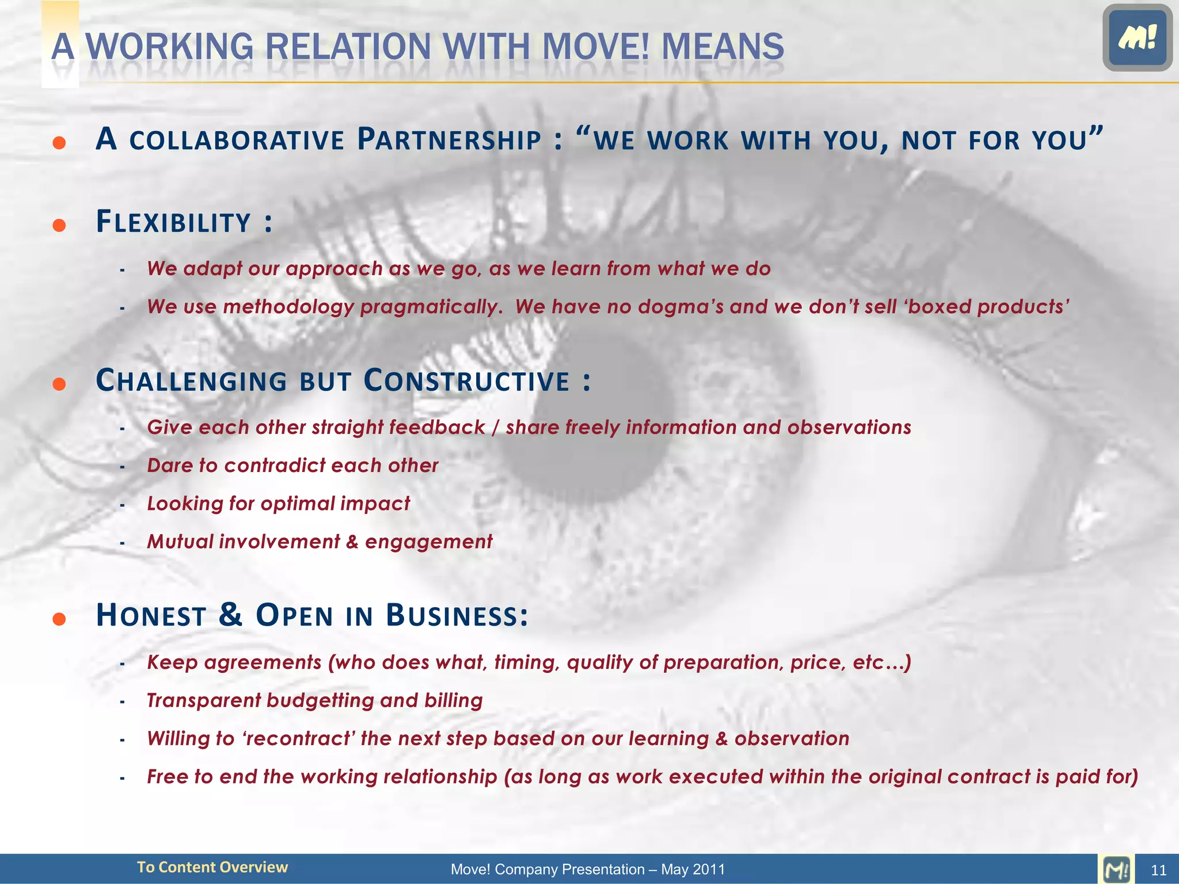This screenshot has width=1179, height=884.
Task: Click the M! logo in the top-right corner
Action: coord(1137,38)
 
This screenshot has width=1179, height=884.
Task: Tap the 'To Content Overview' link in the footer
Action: coord(212,867)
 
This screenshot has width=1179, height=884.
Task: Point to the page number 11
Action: coord(1158,870)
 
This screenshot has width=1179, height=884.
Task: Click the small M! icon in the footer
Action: coord(1116,869)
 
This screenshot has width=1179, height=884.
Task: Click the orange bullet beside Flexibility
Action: coord(59,224)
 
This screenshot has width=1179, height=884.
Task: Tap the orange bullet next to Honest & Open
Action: coord(59,619)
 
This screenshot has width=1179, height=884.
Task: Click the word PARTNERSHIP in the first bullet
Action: coord(449,140)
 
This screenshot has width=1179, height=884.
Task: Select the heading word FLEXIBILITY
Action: coord(173,222)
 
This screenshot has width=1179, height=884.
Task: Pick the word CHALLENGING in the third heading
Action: coord(191,381)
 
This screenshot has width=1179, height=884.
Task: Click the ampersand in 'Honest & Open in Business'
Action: coord(230,615)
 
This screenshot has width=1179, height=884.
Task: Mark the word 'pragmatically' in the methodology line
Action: coord(431,307)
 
